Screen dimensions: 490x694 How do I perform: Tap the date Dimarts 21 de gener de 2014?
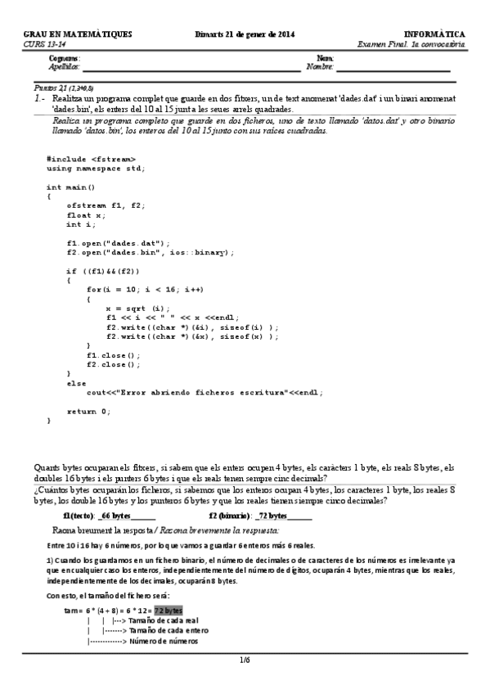click(245, 34)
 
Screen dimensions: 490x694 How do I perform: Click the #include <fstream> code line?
click(91, 158)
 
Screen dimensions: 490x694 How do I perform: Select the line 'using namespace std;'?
click(96, 168)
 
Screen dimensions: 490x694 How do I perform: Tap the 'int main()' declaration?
click(71, 187)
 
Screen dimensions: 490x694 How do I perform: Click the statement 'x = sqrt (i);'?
click(137, 308)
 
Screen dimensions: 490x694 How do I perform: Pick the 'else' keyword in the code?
click(76, 382)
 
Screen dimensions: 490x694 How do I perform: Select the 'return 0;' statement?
click(88, 411)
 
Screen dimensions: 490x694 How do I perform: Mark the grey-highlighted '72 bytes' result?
click(169, 611)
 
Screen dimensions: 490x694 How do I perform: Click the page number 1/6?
click(245, 659)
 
